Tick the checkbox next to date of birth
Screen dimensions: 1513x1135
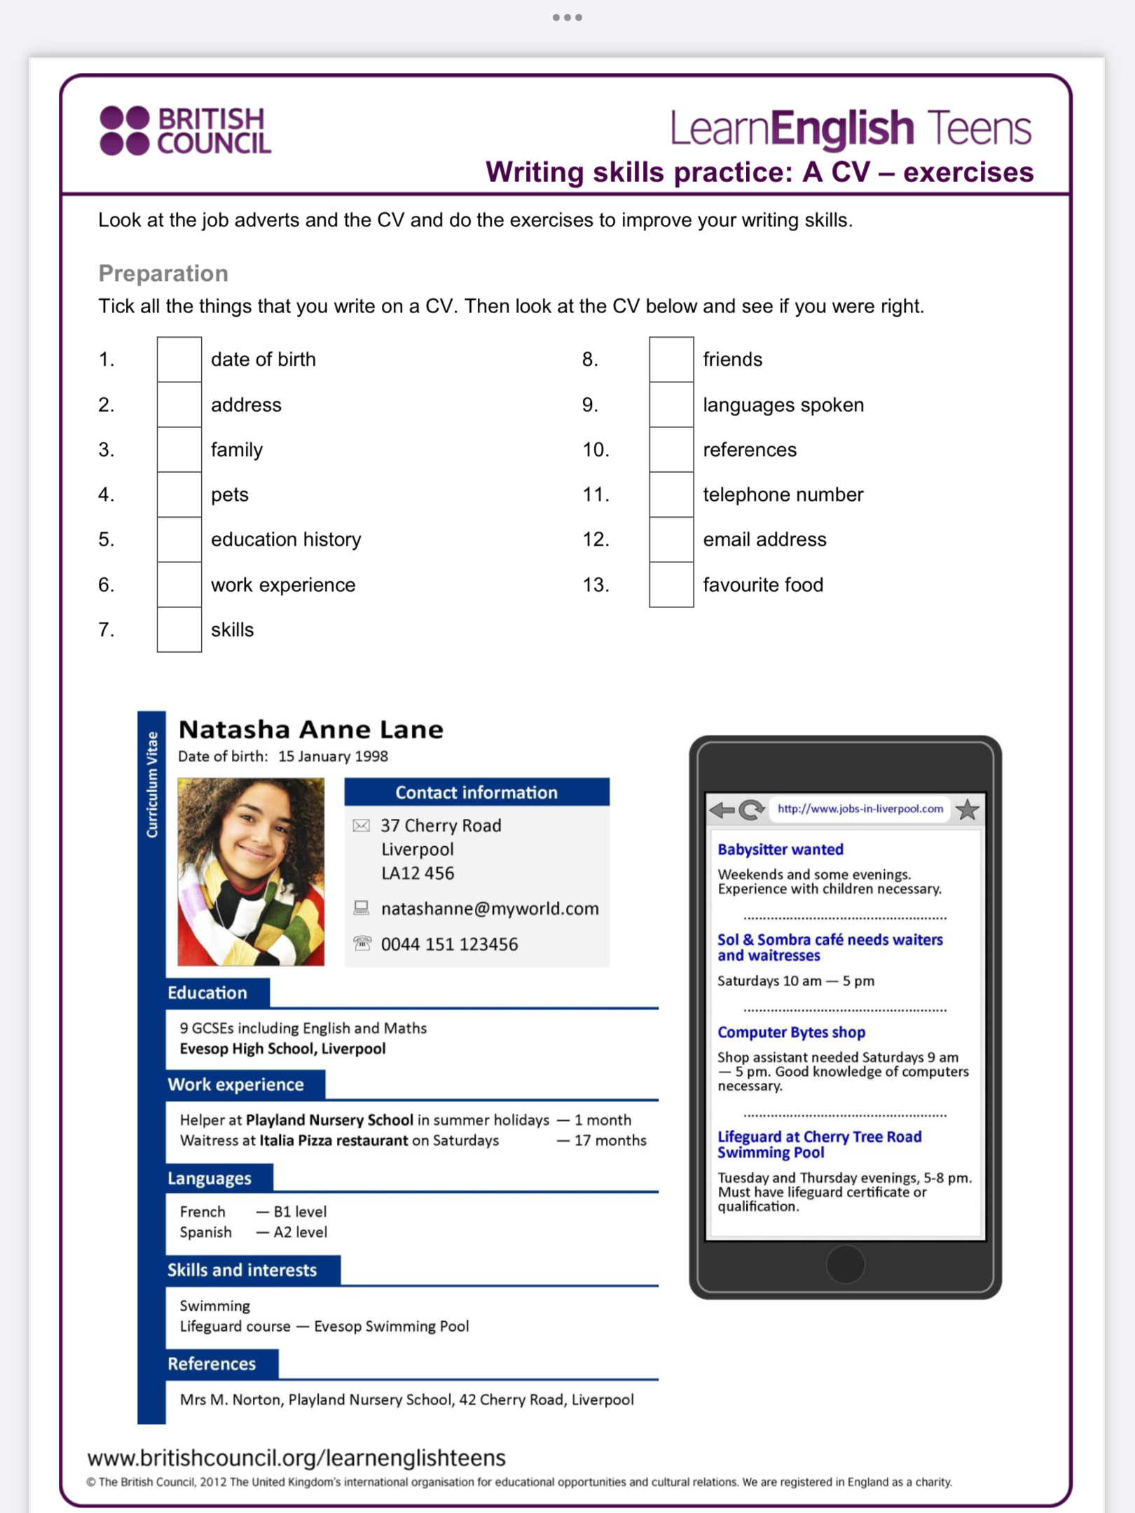click(x=179, y=359)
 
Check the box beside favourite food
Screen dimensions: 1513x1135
click(x=671, y=585)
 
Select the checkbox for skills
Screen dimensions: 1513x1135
click(x=179, y=630)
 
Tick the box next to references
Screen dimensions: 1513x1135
click(x=671, y=450)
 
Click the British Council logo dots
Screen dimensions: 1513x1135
click(x=125, y=130)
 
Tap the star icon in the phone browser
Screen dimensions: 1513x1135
click(x=968, y=810)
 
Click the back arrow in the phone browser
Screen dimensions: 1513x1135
click(x=722, y=810)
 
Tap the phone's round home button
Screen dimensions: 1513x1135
click(x=846, y=1264)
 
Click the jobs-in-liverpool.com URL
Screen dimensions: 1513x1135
click(x=860, y=809)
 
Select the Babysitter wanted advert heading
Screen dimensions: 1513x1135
click(x=780, y=850)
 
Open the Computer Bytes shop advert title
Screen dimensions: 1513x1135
click(x=791, y=1032)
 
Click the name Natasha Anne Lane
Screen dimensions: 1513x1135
click(x=311, y=730)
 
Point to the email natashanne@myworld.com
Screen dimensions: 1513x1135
click(x=490, y=909)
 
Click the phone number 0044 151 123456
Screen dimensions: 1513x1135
click(x=450, y=944)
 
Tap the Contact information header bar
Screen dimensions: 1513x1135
click(x=476, y=792)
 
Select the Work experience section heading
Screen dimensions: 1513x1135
click(x=236, y=1085)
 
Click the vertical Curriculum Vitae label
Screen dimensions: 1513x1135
click(x=152, y=785)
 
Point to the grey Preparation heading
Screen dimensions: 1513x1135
click(x=163, y=273)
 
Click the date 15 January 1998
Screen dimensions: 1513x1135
click(x=333, y=756)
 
